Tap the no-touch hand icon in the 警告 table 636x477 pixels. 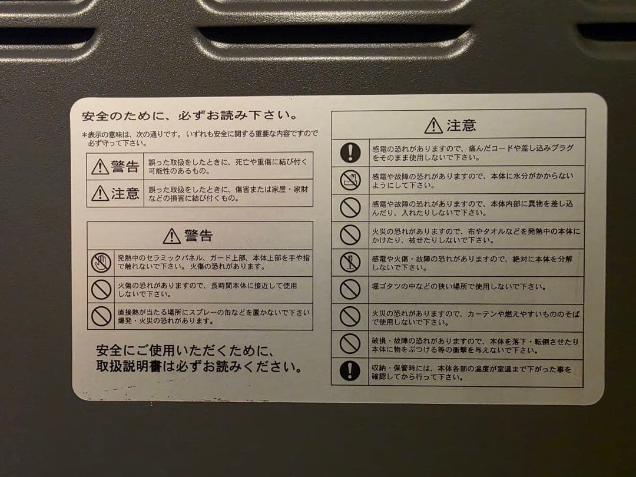point(101,262)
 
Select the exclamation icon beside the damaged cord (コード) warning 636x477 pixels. point(350,153)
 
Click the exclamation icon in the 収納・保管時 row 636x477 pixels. point(350,372)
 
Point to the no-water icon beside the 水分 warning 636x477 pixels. point(350,180)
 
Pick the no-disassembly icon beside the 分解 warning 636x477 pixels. point(350,263)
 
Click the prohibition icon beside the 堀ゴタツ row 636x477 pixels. point(350,289)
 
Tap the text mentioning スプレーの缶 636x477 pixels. point(213,316)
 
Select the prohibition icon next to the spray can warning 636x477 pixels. point(101,316)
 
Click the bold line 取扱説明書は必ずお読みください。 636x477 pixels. point(200,367)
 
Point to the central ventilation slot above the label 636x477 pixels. point(333,34)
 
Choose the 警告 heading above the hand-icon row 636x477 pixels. point(188,236)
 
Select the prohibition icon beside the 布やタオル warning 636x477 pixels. point(350,235)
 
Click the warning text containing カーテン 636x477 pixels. point(475,317)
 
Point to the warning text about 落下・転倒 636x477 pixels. point(475,345)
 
